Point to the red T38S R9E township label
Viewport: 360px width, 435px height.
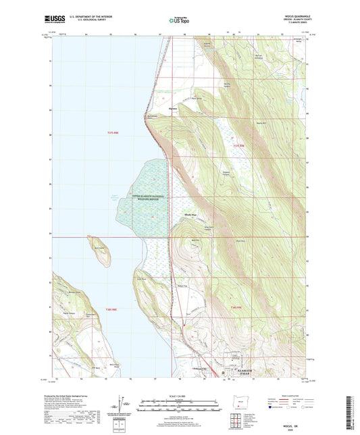(236, 308)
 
